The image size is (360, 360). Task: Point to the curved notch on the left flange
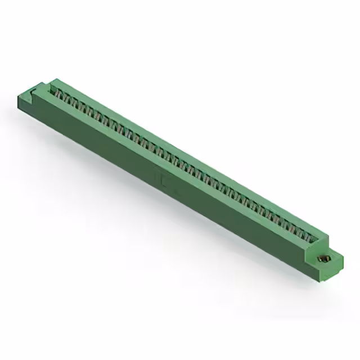tap(40, 88)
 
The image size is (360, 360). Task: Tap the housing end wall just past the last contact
tap(321, 238)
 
